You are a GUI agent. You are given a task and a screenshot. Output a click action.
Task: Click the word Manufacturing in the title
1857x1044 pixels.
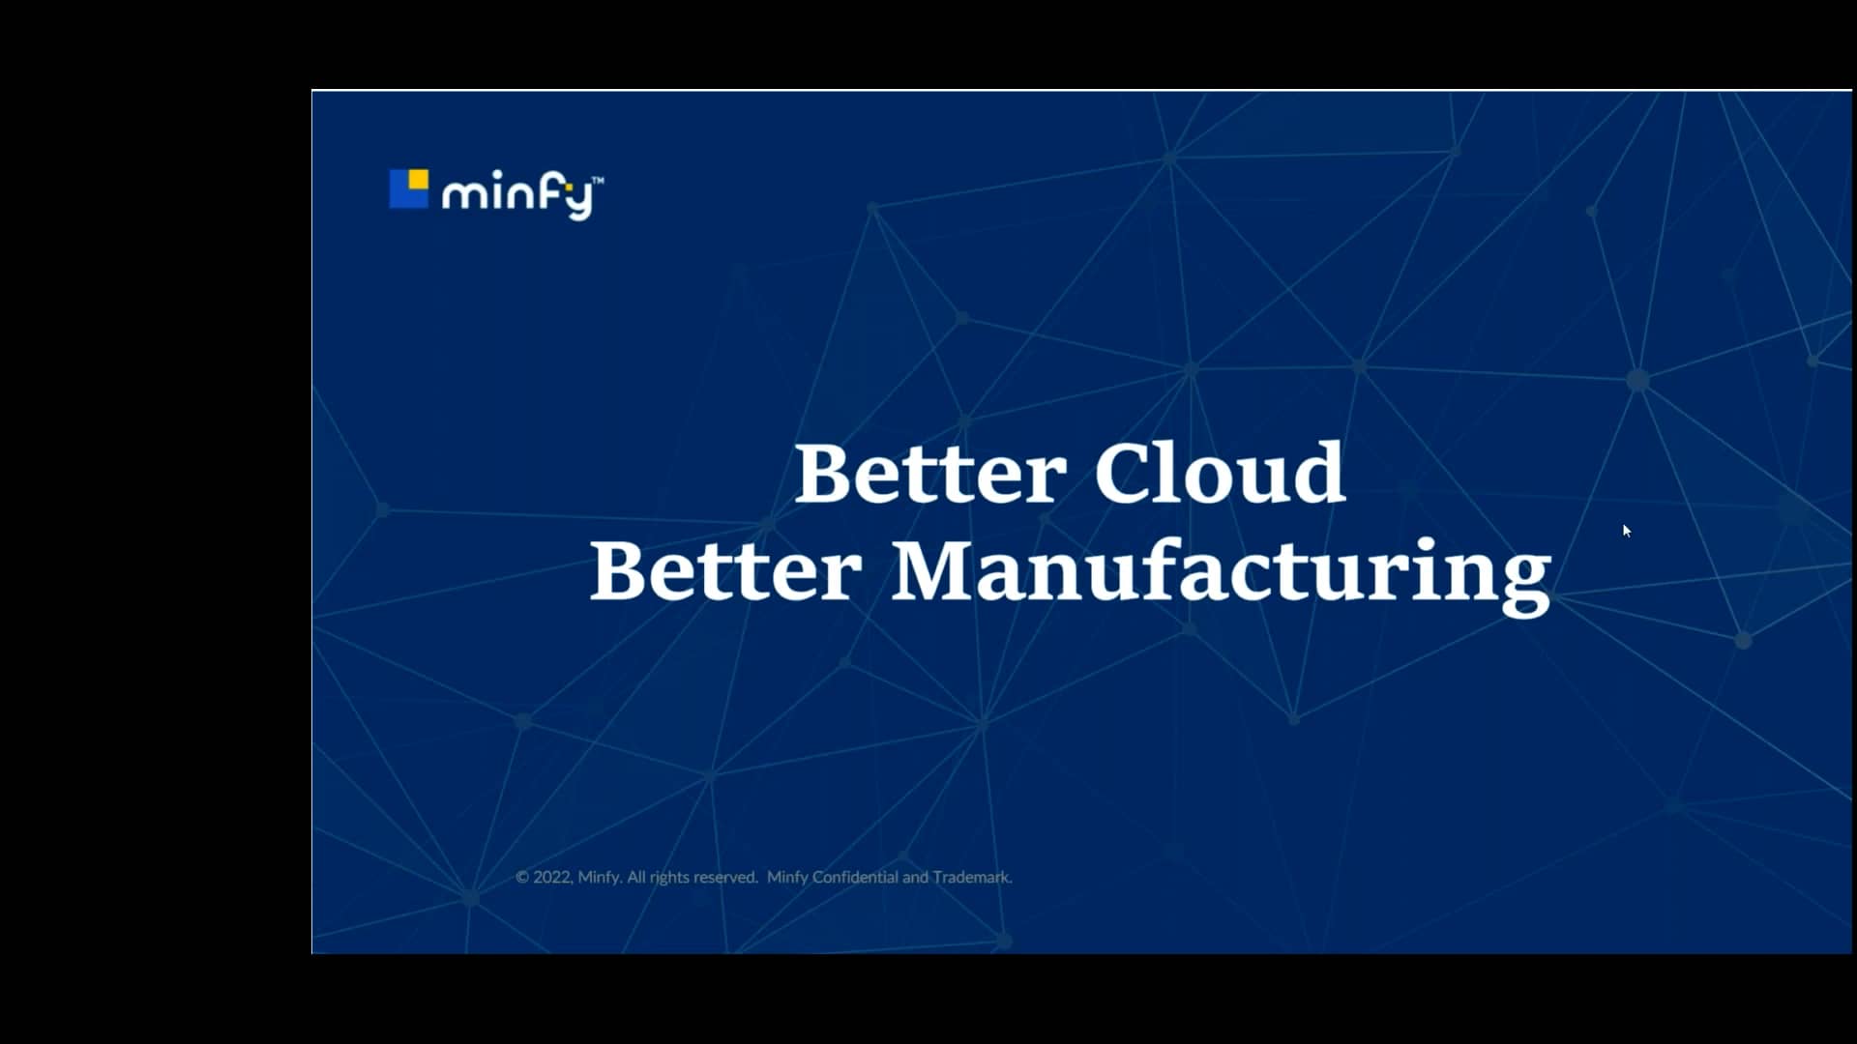(1221, 572)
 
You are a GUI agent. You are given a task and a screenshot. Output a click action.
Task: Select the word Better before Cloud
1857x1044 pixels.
(929, 474)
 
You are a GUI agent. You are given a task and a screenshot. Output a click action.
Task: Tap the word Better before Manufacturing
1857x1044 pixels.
(725, 572)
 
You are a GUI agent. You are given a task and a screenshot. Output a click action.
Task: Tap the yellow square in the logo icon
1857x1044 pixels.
(419, 179)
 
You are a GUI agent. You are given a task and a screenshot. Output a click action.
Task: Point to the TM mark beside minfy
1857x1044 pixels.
(598, 180)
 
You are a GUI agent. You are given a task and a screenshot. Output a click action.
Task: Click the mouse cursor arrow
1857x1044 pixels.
(1627, 531)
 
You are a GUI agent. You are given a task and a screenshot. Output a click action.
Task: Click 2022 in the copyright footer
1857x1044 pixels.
(552, 878)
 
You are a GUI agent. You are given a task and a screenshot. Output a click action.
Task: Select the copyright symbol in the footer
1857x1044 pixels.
(522, 878)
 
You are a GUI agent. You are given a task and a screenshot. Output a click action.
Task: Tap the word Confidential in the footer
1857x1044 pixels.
(855, 878)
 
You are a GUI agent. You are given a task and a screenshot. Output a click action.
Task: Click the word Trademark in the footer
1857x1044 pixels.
(972, 878)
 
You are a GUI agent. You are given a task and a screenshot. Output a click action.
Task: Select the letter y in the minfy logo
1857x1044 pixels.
(578, 201)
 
